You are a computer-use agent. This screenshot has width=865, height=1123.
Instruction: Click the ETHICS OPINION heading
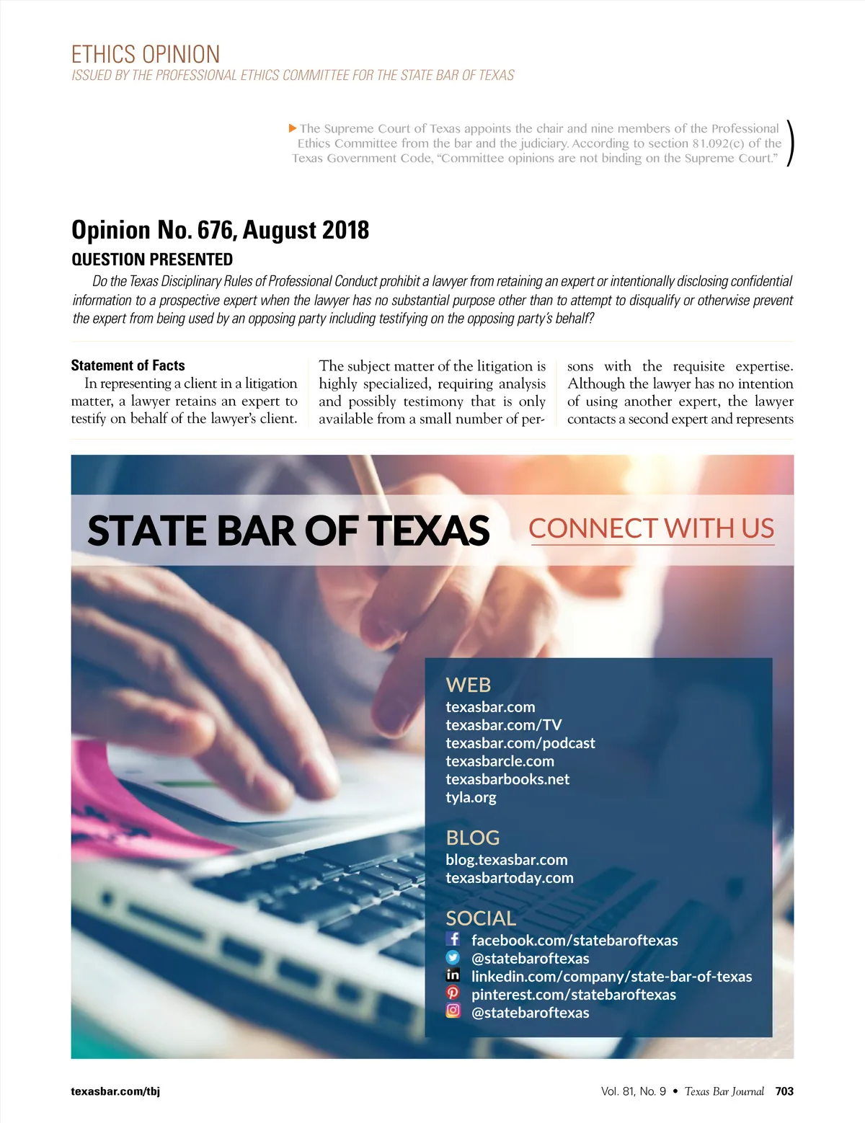coord(146,55)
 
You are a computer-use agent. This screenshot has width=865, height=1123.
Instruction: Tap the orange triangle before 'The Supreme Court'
coord(293,128)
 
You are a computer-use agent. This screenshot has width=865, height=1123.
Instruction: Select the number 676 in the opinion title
coord(214,230)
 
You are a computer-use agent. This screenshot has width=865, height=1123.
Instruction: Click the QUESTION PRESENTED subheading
coord(152,259)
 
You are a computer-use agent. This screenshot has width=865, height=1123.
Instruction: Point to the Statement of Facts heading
coord(128,365)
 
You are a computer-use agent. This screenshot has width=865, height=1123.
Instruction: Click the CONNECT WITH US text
coord(651,528)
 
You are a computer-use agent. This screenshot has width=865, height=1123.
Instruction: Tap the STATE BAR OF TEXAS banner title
coord(288,531)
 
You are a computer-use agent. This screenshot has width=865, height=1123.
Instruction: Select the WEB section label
coord(468,685)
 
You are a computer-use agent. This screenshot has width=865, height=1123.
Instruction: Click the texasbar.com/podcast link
coord(520,743)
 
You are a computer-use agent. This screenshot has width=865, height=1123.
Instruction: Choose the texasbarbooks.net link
coord(507,779)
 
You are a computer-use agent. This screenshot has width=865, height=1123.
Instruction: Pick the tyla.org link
coord(471,797)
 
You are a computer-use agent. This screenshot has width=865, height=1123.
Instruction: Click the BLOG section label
coord(472,838)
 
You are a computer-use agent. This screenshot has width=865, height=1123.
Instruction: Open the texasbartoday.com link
coord(509,878)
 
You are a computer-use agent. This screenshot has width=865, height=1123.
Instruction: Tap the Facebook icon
coord(453,938)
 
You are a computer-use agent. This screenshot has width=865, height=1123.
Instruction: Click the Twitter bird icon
coord(453,957)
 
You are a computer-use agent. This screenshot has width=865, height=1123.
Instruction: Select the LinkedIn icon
coord(453,975)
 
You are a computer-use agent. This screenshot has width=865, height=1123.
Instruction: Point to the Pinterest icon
coord(453,993)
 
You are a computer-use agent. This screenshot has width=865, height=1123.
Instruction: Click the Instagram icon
coord(453,1011)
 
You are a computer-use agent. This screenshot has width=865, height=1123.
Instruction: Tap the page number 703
coord(784,1091)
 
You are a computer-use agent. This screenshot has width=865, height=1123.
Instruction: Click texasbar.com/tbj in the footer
coord(115,1091)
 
